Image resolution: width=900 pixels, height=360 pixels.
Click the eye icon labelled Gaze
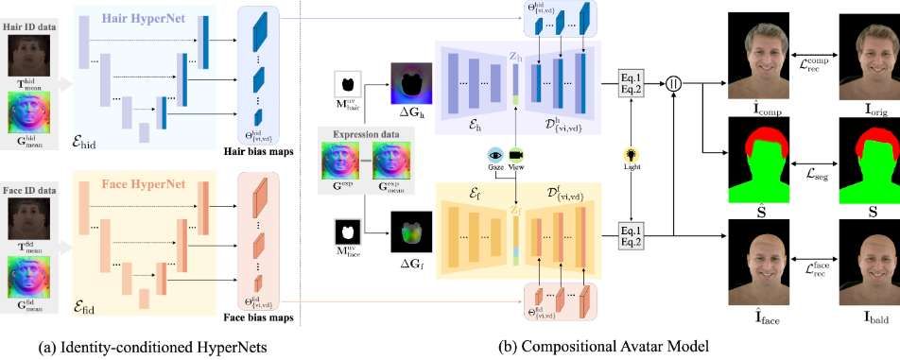pyautogui.click(x=494, y=154)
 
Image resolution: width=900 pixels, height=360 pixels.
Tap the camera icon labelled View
pyautogui.click(x=516, y=154)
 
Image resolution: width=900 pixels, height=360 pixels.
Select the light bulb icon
pyautogui.click(x=630, y=154)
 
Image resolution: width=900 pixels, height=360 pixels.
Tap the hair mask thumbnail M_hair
pyautogui.click(x=348, y=84)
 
